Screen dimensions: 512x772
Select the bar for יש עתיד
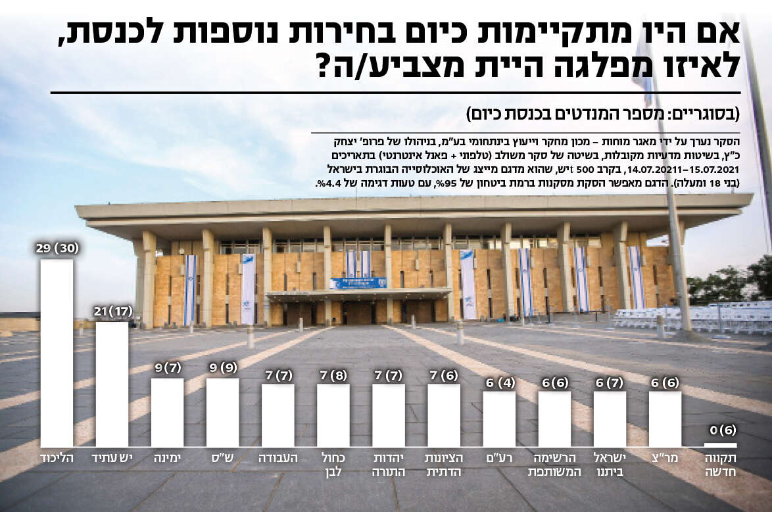click(x=112, y=384)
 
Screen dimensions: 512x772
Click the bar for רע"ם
click(x=499, y=419)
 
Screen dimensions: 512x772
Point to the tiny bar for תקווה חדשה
click(x=720, y=444)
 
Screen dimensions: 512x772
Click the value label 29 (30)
click(x=57, y=248)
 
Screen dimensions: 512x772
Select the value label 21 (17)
click(x=112, y=310)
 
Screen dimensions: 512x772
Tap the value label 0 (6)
click(x=721, y=432)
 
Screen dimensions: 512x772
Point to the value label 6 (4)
click(x=499, y=381)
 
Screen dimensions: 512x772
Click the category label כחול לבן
click(x=333, y=464)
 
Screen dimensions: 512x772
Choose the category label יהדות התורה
click(x=388, y=464)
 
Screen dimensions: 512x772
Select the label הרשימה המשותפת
click(x=554, y=464)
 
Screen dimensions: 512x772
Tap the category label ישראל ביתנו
click(x=610, y=464)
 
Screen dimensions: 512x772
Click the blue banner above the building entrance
click(x=358, y=283)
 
